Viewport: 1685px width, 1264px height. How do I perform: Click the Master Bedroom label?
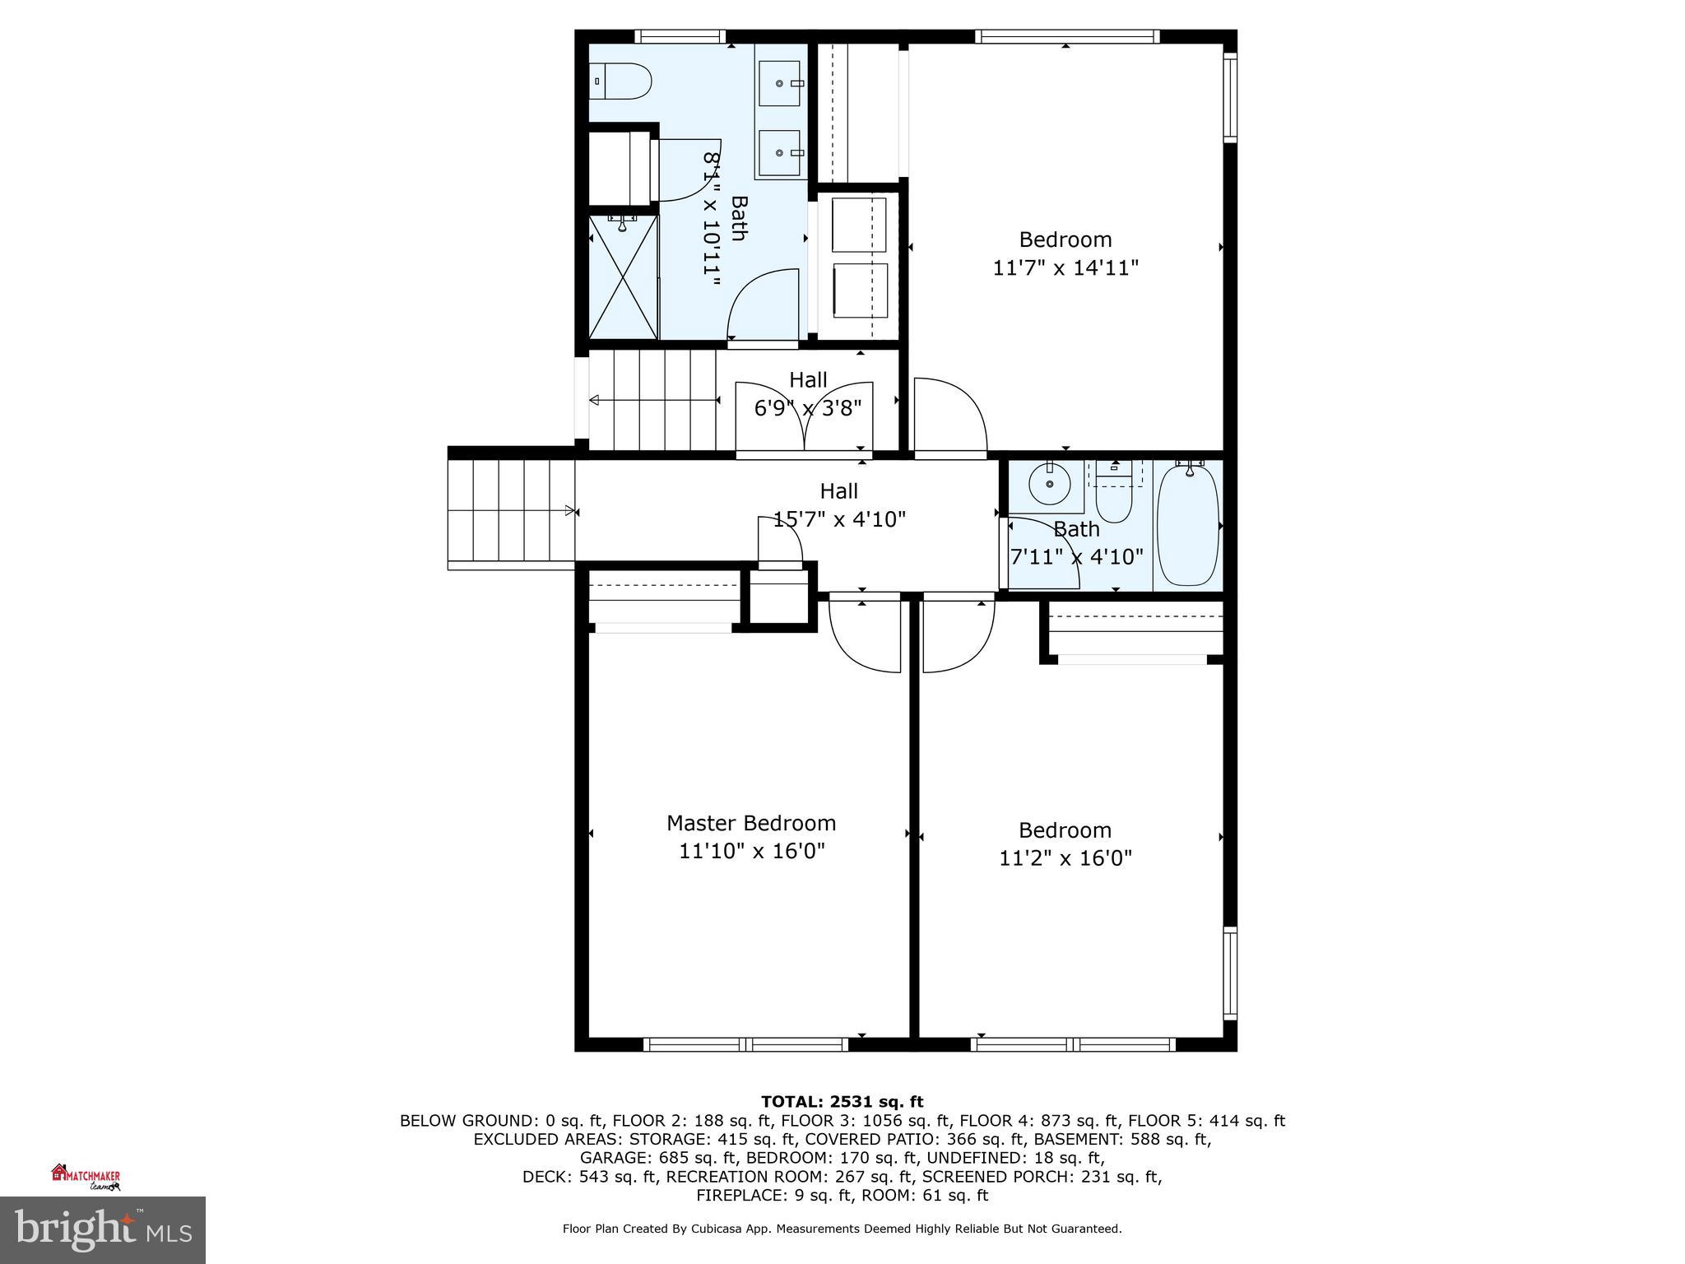tap(750, 823)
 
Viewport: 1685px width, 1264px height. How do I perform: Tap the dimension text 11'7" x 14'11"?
tap(1065, 268)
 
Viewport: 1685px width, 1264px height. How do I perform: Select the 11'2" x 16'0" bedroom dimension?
tap(1065, 858)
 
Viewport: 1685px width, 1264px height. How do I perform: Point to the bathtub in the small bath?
tap(1188, 524)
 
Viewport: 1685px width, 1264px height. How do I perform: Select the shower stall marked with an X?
tap(624, 276)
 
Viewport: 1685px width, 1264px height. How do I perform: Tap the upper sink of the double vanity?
tap(778, 84)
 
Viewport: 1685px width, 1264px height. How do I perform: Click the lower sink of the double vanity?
tap(778, 153)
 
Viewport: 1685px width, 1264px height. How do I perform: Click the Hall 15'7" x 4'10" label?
tap(838, 504)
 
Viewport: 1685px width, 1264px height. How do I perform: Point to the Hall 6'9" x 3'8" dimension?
tap(808, 408)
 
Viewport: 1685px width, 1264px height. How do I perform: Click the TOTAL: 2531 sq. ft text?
tap(842, 1102)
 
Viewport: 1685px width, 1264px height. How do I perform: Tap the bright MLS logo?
tap(102, 1229)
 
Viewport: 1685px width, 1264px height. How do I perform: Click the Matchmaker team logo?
tap(86, 1178)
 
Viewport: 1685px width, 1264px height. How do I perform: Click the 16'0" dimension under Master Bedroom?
tap(796, 852)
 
